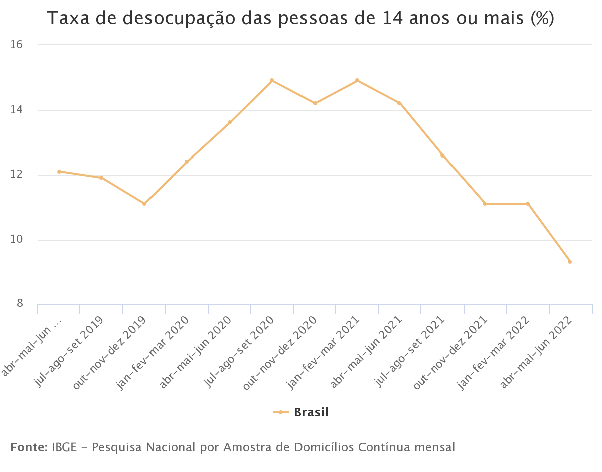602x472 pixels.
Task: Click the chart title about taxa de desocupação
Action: (300, 19)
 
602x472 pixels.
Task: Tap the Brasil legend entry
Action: (301, 412)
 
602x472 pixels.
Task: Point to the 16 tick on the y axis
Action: (17, 45)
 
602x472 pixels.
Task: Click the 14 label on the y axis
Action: (17, 110)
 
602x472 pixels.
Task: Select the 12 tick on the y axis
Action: (17, 175)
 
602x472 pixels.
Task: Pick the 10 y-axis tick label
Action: (17, 240)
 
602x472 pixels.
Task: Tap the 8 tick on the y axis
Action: (20, 303)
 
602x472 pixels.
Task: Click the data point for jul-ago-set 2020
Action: (272, 80)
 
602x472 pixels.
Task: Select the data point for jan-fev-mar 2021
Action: (357, 80)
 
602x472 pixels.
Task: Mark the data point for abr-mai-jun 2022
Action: (570, 262)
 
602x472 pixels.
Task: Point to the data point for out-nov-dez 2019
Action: (144, 204)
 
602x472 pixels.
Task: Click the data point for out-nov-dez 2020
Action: (315, 103)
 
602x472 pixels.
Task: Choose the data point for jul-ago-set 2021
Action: (442, 155)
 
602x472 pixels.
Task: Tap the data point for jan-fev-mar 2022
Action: (528, 204)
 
